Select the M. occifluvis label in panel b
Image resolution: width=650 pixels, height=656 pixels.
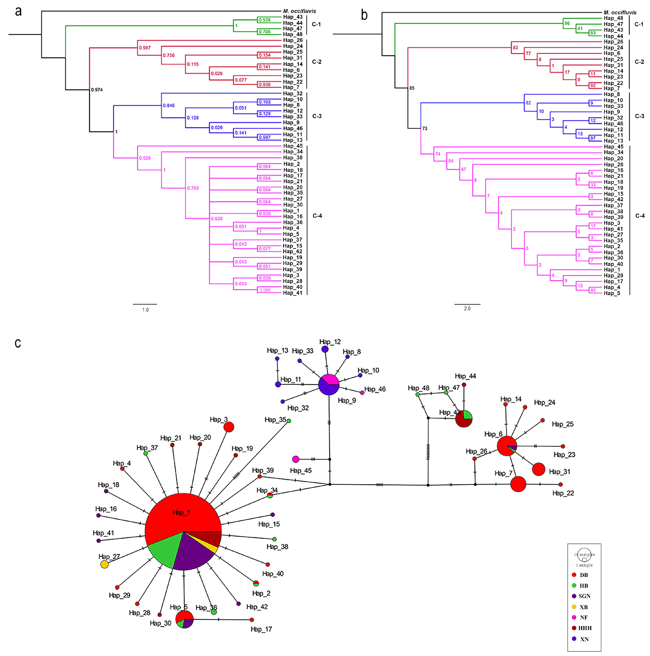pos(620,13)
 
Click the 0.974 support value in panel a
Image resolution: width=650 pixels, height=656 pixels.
pos(97,90)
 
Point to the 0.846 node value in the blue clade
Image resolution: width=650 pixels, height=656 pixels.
pos(169,106)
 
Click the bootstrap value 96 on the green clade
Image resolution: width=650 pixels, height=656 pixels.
pos(567,23)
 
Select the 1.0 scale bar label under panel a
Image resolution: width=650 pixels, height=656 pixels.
pos(145,310)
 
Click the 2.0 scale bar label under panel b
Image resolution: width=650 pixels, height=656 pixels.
pos(467,308)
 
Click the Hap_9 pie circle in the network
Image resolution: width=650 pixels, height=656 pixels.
pos(329,385)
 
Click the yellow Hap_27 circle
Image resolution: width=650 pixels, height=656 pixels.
pos(105,564)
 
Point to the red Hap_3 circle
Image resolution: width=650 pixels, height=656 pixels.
pos(229,427)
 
